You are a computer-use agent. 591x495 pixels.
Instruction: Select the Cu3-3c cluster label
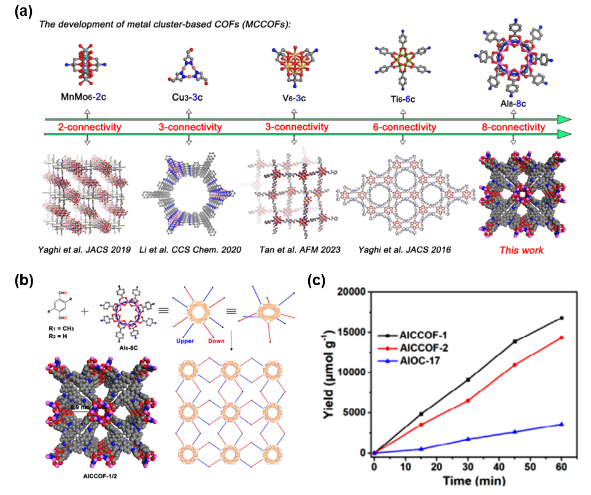pos(189,97)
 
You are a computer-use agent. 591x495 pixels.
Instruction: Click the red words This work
pos(514,250)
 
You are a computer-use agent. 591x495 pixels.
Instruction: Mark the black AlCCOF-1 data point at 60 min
pos(562,318)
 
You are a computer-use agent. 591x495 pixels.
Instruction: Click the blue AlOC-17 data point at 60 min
pos(562,424)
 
